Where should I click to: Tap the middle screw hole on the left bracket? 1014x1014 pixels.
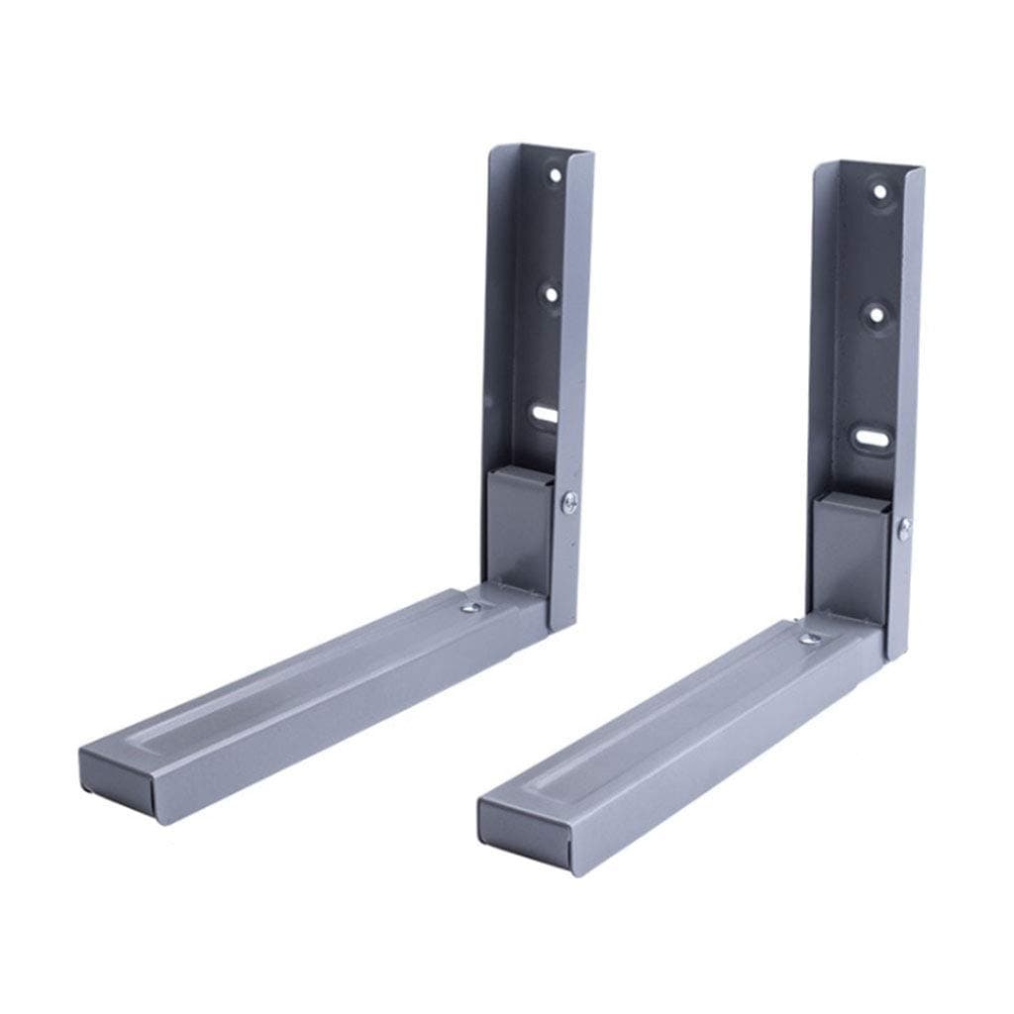click(x=548, y=294)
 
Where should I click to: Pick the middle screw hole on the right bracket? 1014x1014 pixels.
click(x=875, y=315)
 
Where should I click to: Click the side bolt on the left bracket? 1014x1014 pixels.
click(x=570, y=503)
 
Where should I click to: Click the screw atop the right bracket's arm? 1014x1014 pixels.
click(x=810, y=641)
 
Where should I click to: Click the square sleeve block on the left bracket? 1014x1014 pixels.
click(x=517, y=530)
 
